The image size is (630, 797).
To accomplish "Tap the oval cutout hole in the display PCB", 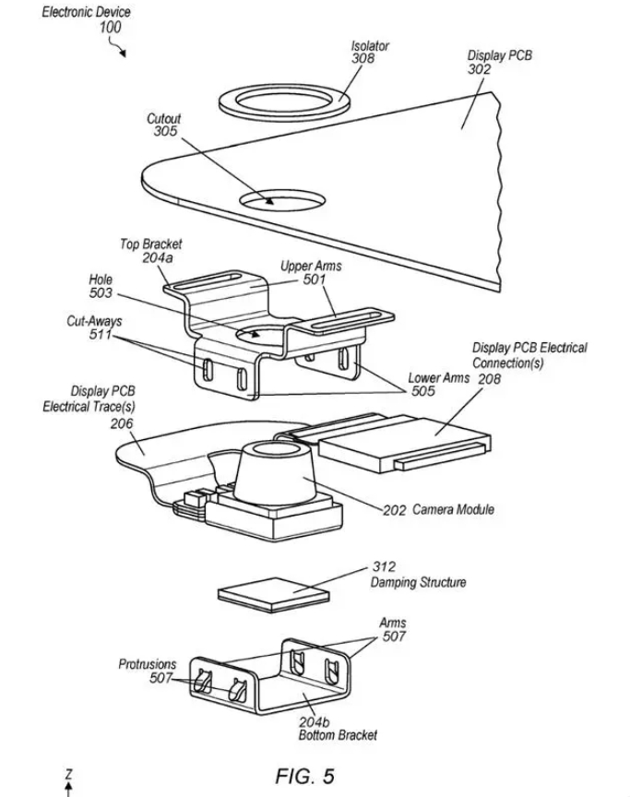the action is [282, 200].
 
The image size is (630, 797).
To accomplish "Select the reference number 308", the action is [363, 58].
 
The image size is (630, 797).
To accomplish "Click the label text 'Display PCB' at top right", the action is [499, 55].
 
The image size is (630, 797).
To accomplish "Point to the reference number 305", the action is [166, 131].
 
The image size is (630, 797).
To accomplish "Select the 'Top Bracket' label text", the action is [151, 244].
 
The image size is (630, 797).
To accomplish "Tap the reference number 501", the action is [315, 280].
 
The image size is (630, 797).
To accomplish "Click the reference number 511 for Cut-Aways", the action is [101, 334].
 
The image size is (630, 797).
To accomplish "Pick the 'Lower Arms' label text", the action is [438, 377].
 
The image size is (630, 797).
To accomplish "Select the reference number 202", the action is [394, 510].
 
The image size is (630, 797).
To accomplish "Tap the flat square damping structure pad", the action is [273, 595].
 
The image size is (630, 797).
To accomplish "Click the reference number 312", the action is [384, 566].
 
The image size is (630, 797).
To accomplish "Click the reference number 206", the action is [122, 423].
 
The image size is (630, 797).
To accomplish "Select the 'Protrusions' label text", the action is [148, 664].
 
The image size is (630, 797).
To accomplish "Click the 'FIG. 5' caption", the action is [304, 776].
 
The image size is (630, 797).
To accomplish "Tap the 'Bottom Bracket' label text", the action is [338, 735].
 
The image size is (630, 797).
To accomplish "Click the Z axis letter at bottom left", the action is [69, 775].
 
